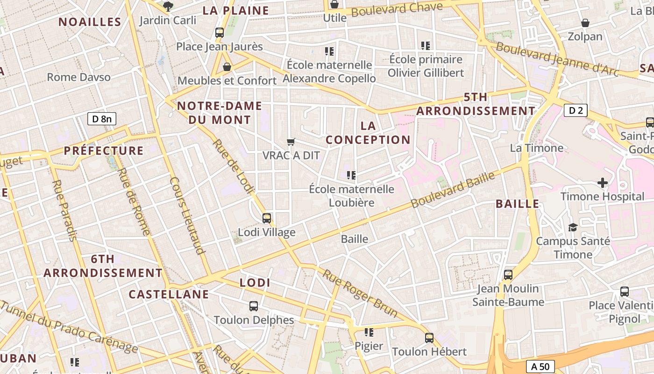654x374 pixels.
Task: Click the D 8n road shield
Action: [x=102, y=119]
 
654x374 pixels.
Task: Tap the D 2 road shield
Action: [x=576, y=110]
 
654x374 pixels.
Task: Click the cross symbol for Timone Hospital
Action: [x=603, y=182]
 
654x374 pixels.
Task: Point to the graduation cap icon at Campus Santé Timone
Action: [x=573, y=227]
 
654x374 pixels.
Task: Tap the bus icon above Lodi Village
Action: [x=267, y=218]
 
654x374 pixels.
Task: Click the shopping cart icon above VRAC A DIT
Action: [x=291, y=141]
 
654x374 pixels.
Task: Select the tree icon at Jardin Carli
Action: [x=168, y=7]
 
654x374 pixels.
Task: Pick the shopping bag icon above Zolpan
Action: [x=585, y=23]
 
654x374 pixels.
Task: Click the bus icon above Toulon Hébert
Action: [x=429, y=338]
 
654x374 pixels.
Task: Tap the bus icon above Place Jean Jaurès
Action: [x=220, y=33]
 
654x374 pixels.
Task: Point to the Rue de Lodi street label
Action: [x=234, y=166]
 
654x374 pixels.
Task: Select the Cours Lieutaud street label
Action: [x=188, y=215]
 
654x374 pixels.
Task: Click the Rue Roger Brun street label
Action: [x=360, y=293]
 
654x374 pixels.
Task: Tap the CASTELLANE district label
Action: [x=169, y=294]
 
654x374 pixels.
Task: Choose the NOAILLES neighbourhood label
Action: [x=90, y=22]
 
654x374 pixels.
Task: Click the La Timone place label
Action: [x=536, y=148]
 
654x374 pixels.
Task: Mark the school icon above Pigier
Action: [x=369, y=332]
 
